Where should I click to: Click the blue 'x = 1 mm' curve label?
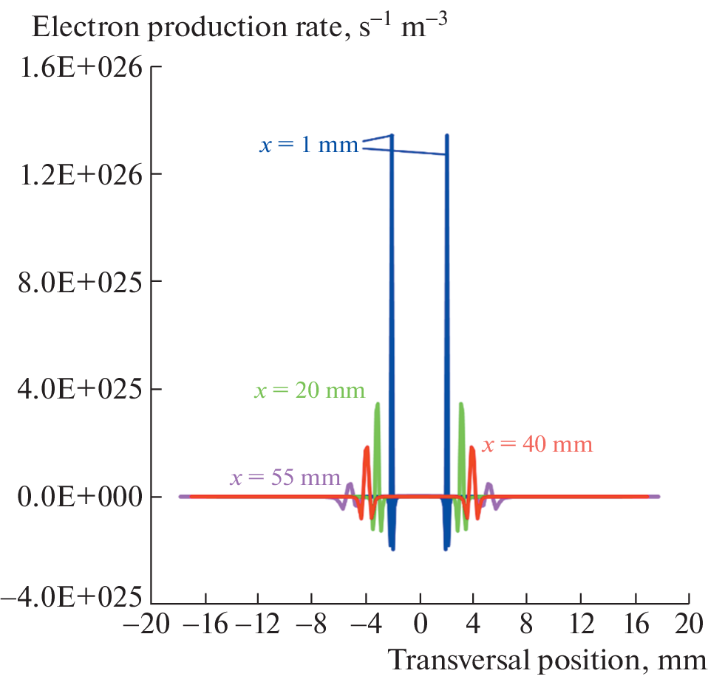click(x=309, y=145)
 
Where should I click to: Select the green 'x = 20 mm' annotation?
click(x=310, y=390)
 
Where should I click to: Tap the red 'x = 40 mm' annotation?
click(x=537, y=444)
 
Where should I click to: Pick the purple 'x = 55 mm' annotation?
click(x=285, y=477)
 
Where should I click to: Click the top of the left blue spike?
click(x=392, y=136)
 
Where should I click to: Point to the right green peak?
click(x=461, y=404)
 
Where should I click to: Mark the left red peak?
click(x=367, y=447)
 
